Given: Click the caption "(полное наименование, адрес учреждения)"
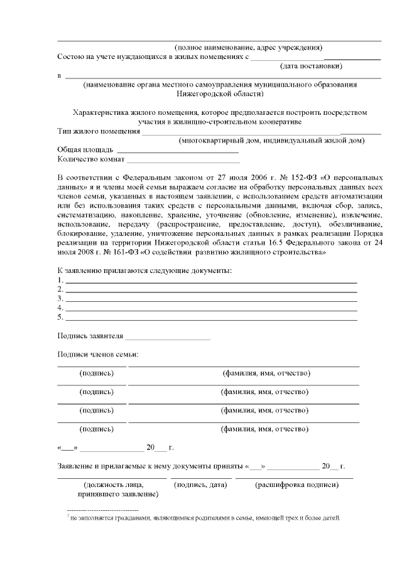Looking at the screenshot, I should pyautogui.click(x=249, y=47).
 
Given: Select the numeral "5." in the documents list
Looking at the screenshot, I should pyautogui.click(x=60, y=318).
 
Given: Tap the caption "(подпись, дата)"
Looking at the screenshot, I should pyautogui.click(x=200, y=485).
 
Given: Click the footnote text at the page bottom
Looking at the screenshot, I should pyautogui.click(x=205, y=518).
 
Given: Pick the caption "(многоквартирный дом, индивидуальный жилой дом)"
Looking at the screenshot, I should pyautogui.click(x=271, y=141).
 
